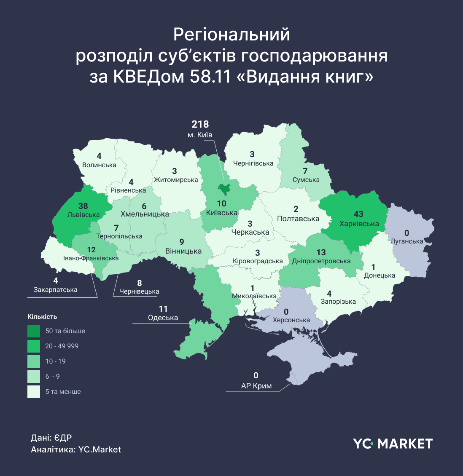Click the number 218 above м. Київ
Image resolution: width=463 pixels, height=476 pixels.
click(200, 124)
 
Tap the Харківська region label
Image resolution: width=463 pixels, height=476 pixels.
click(359, 224)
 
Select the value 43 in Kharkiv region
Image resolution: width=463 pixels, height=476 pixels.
click(358, 214)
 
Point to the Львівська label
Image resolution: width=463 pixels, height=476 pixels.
click(83, 215)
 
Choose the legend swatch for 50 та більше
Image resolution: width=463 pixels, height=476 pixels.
click(34, 331)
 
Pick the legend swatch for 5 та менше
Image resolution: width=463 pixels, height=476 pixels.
click(34, 392)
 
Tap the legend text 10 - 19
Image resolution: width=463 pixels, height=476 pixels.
click(55, 361)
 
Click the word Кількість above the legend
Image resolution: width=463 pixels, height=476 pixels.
click(42, 317)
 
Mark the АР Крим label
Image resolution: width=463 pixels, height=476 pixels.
click(256, 386)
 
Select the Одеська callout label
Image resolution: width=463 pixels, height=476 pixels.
click(163, 318)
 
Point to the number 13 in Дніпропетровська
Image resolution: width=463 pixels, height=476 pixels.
click(321, 252)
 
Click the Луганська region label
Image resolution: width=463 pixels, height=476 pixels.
click(407, 242)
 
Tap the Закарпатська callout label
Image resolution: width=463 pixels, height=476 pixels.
click(56, 290)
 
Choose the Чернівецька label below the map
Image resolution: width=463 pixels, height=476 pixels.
click(139, 291)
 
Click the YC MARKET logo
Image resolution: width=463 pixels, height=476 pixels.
click(393, 444)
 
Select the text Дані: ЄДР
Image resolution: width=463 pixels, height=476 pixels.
click(51, 438)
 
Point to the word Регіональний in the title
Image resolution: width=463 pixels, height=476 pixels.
click(231, 35)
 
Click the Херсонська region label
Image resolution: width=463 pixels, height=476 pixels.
click(291, 320)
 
